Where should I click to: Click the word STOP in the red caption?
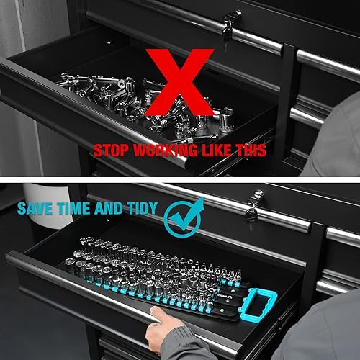pyautogui.click(x=112, y=150)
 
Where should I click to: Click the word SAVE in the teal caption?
pyautogui.click(x=35, y=210)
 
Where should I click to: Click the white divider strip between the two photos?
pyautogui.click(x=180, y=179)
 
